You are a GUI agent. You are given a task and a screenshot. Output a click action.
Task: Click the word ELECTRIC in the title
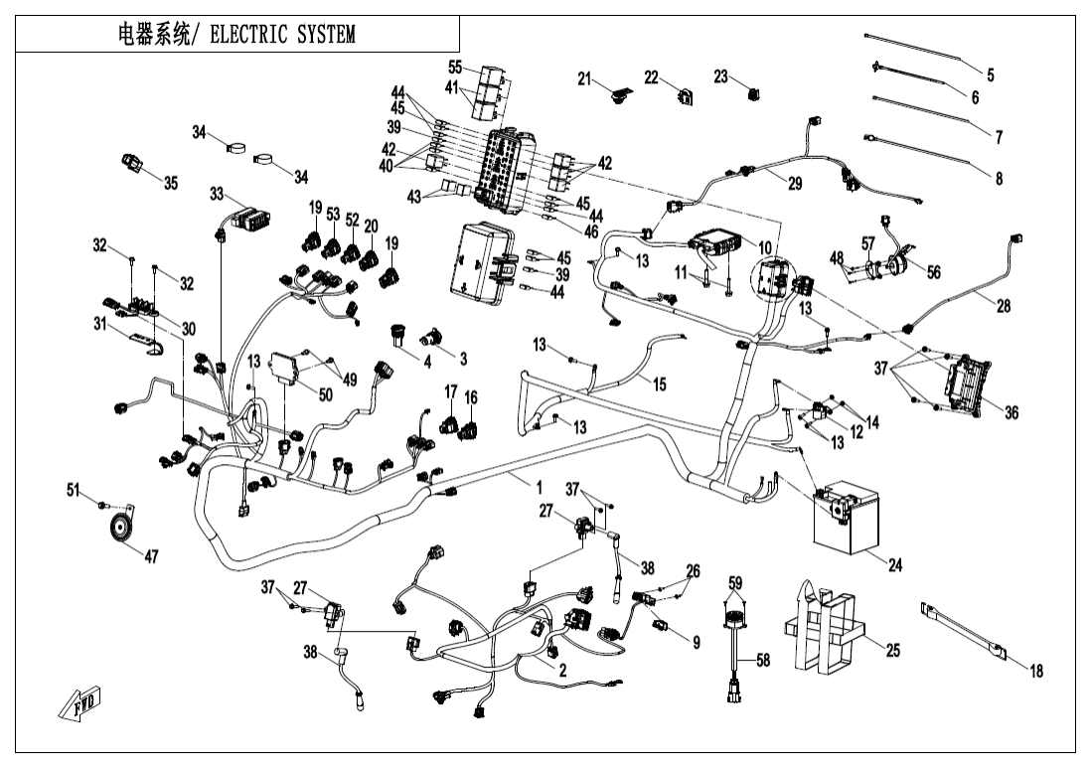click(251, 36)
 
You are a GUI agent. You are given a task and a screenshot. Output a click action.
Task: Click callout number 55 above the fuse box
click(454, 67)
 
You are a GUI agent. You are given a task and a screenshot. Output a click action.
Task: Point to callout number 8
click(998, 179)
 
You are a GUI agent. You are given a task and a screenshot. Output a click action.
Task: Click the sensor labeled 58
click(736, 647)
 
